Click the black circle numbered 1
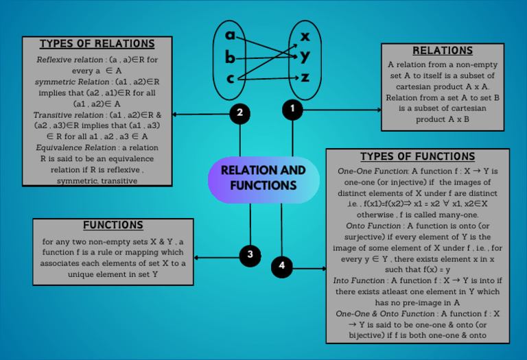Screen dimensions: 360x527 click(x=292, y=109)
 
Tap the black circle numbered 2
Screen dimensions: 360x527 click(x=239, y=114)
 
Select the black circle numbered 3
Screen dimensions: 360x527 click(x=250, y=255)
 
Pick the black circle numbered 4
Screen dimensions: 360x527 click(x=282, y=266)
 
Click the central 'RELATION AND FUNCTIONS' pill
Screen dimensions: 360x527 click(x=263, y=178)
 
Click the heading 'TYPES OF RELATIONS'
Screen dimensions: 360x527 click(x=97, y=44)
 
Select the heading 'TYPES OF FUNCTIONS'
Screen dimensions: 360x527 click(x=417, y=156)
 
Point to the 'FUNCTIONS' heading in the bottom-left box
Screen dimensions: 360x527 click(x=113, y=225)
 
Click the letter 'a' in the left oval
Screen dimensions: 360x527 click(x=231, y=35)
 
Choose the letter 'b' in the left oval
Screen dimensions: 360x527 click(x=231, y=57)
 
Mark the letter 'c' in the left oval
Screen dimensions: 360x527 click(x=231, y=78)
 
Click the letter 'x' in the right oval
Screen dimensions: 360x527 click(x=305, y=35)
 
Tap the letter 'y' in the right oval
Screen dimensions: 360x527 click(x=305, y=56)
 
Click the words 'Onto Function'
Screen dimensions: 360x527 click(x=374, y=226)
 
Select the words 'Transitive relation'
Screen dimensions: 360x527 click(x=66, y=115)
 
